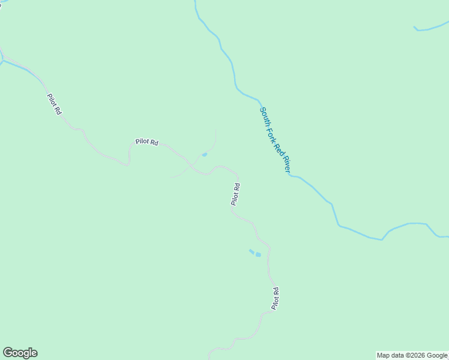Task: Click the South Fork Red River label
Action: pos(274,140)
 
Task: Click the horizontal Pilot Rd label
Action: pos(146,142)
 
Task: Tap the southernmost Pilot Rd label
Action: pos(276,298)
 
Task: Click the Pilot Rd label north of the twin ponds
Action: pos(236,194)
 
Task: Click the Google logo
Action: pos(20,353)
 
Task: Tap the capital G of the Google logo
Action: pos(8,352)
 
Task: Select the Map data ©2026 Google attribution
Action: pos(412,355)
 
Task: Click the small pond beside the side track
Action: pos(205,155)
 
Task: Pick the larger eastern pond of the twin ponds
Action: pos(258,255)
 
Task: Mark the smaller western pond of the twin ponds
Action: pos(252,251)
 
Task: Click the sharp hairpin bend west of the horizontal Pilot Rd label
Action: pos(128,163)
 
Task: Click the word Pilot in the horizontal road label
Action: pos(142,142)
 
